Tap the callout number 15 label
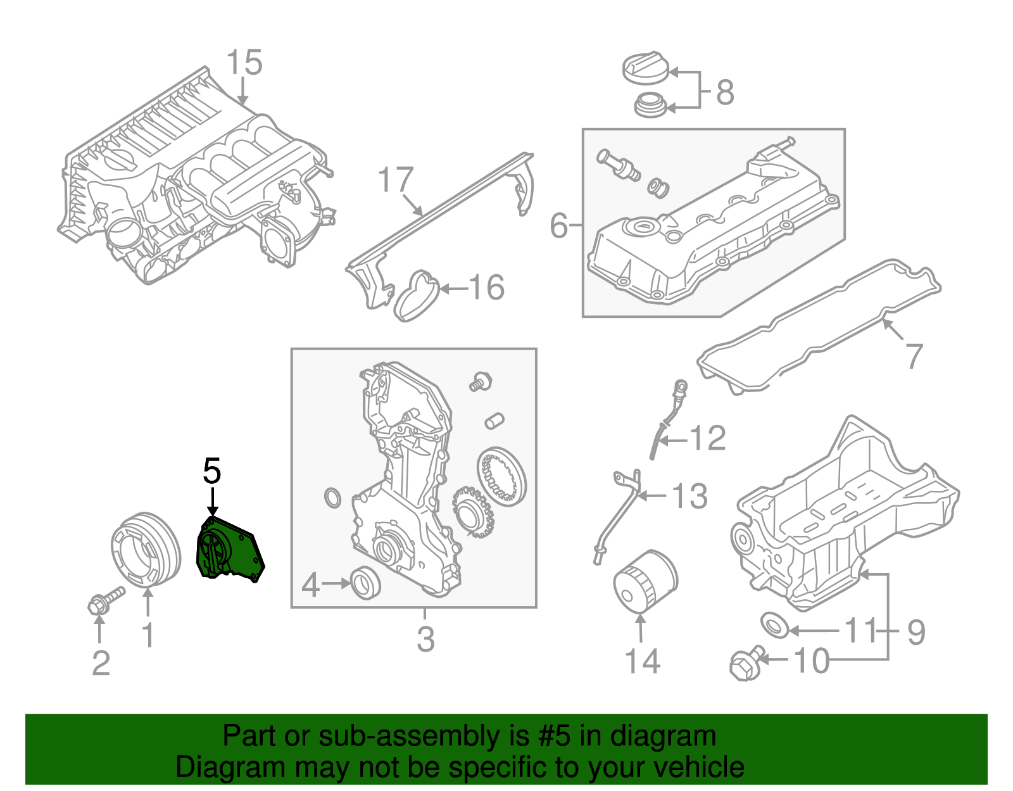244,63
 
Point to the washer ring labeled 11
774,625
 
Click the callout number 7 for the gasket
914,356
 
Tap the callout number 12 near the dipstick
707,438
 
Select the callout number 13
689,496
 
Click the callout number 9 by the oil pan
915,631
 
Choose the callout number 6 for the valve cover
558,225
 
